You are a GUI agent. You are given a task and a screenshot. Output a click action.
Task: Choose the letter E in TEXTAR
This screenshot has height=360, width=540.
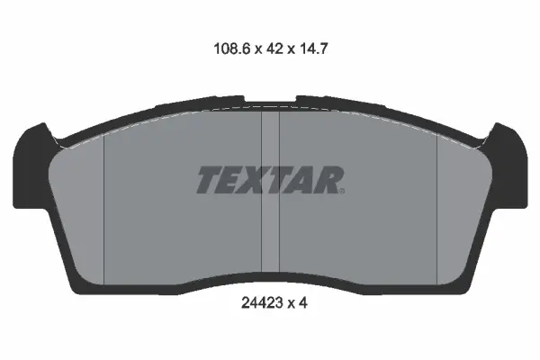(x=230, y=180)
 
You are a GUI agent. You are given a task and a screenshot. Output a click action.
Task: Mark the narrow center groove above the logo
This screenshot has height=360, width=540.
(x=270, y=135)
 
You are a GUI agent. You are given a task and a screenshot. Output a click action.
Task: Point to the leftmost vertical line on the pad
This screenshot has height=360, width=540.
(x=105, y=207)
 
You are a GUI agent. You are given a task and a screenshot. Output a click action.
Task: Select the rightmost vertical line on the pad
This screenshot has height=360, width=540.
(x=436, y=207)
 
